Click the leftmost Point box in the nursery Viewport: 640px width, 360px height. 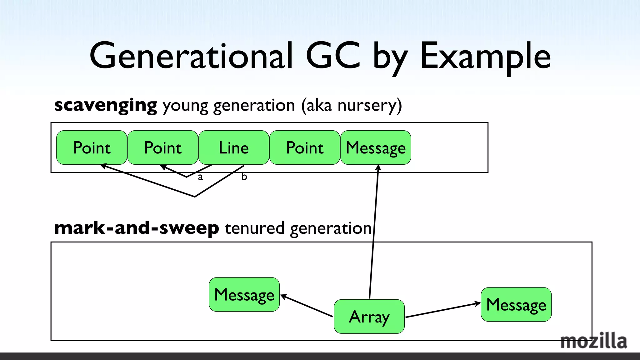92,147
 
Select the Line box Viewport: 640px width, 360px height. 233,147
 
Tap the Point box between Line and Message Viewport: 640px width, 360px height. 305,147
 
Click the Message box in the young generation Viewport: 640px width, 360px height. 376,147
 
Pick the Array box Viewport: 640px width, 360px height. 369,317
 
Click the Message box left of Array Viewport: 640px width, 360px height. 244,294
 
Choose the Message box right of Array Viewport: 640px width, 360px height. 516,304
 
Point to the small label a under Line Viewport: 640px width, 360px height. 200,177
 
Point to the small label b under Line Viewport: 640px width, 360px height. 244,177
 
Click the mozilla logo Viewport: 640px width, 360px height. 593,341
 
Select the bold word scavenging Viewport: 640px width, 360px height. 106,105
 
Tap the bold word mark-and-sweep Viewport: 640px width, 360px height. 137,228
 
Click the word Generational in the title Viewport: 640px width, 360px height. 191,56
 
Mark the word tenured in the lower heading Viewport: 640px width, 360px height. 254,228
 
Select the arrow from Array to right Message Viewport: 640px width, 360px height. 442,310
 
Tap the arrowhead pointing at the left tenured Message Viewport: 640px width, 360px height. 283,296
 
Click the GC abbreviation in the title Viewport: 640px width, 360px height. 333,56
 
